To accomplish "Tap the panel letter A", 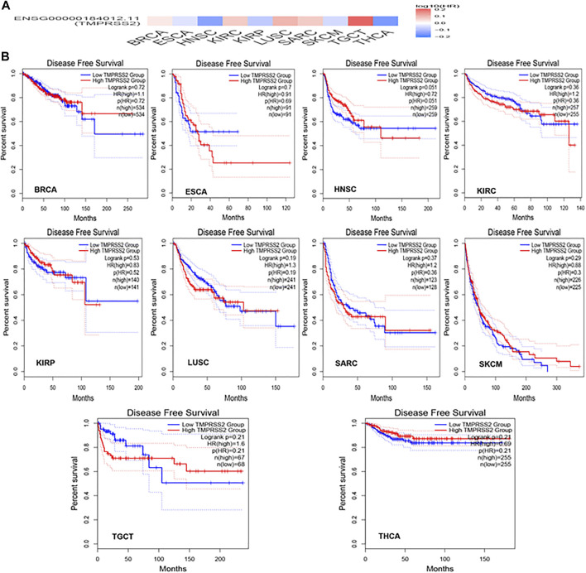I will [7, 7].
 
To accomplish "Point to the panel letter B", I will [7, 59].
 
